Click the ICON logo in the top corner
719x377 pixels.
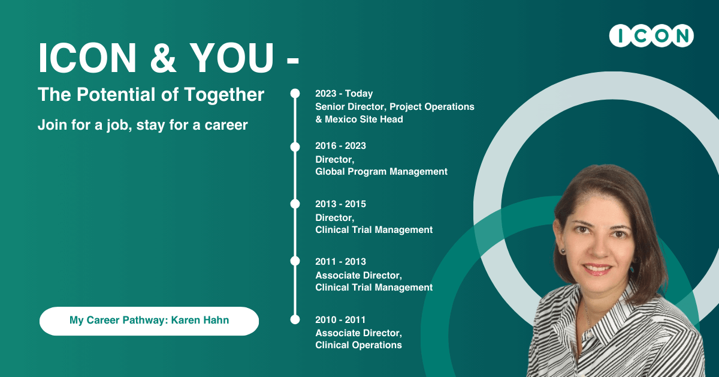(x=651, y=35)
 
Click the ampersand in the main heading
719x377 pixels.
(x=163, y=58)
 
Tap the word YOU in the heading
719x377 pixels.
(x=231, y=58)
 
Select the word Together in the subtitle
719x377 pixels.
(x=224, y=95)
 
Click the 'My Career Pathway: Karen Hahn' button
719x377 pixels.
(x=149, y=321)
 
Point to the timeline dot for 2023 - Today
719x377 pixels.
(x=295, y=94)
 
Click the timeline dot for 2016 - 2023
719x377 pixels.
(x=295, y=146)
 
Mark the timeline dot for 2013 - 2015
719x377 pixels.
(x=295, y=204)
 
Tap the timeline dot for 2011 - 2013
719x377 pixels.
(x=295, y=261)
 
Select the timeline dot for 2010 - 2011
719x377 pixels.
(x=295, y=319)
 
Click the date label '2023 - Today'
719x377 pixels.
(x=344, y=94)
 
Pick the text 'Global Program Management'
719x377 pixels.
(x=381, y=172)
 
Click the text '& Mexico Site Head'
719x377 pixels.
(x=359, y=119)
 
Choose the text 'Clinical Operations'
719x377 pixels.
(x=358, y=345)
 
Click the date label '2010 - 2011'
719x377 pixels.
(x=340, y=320)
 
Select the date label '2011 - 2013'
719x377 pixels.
(x=340, y=262)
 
